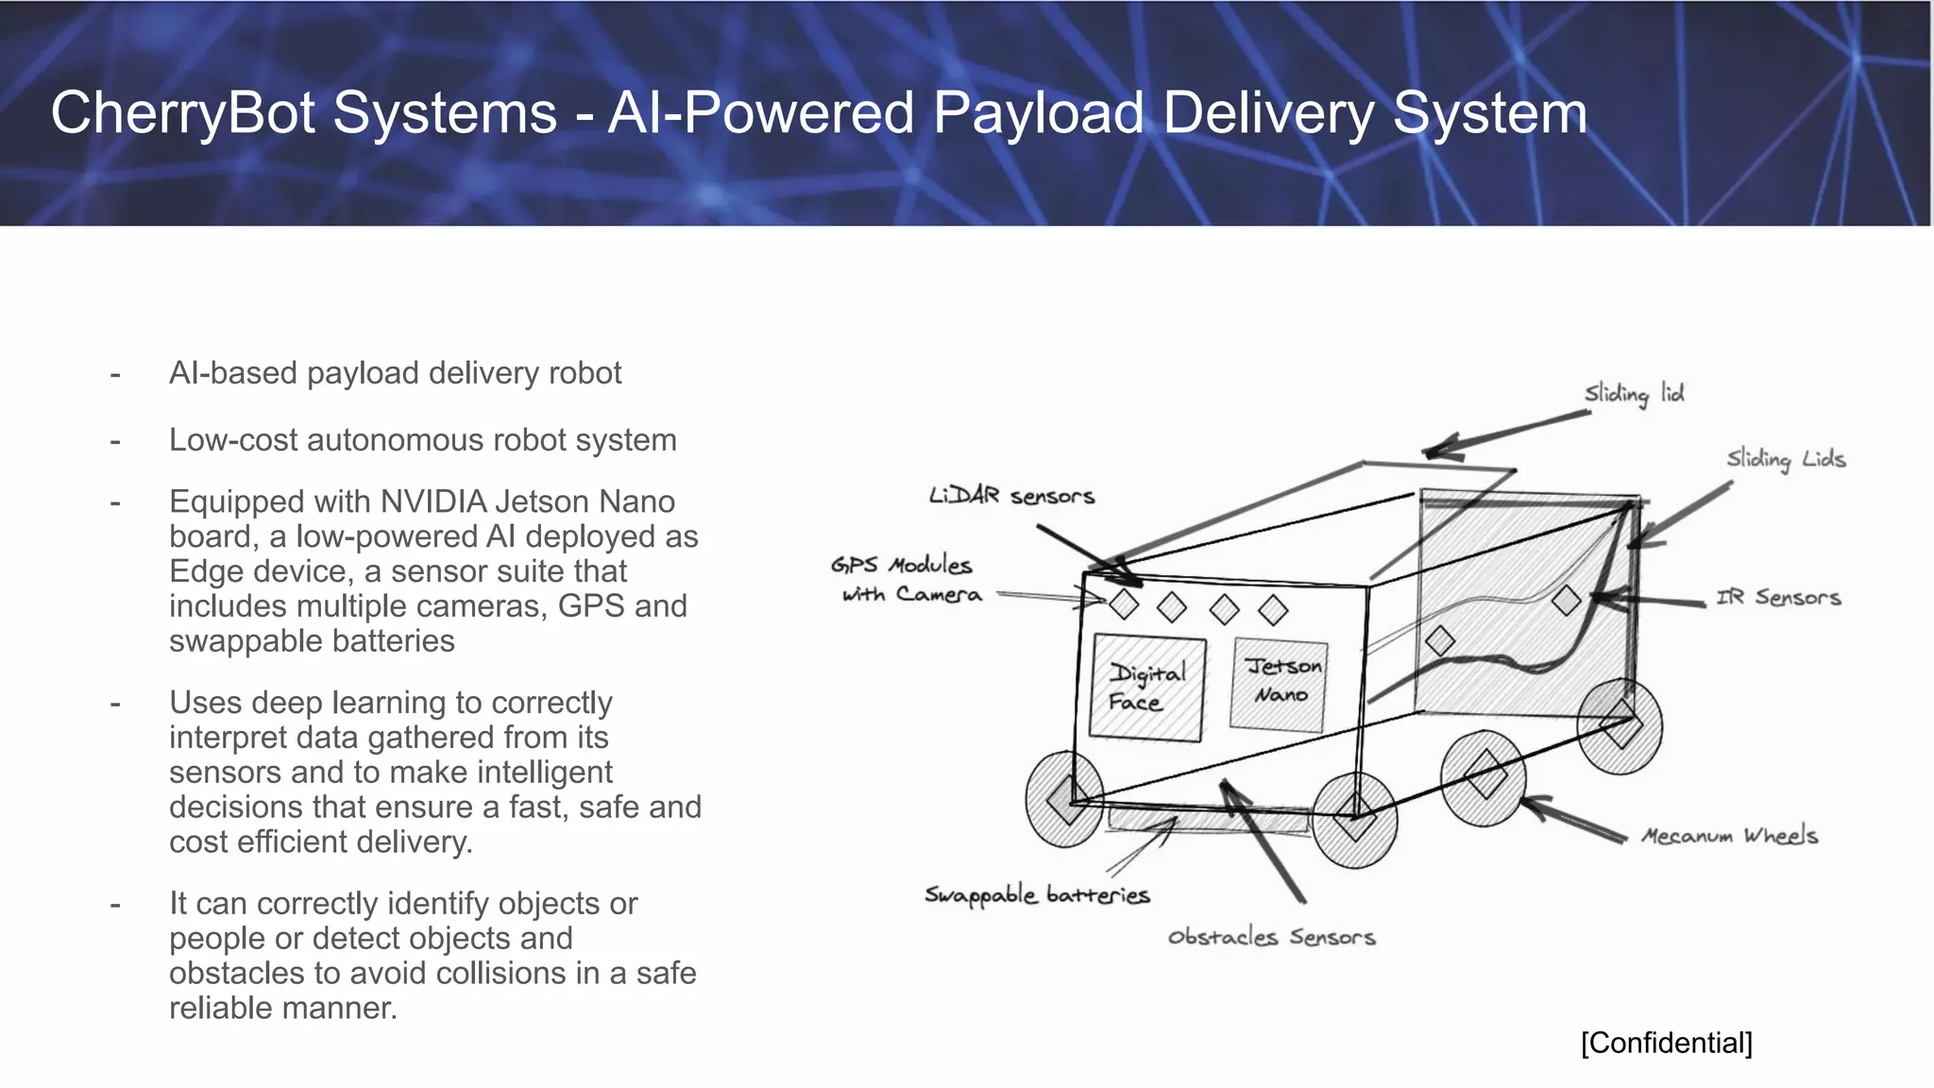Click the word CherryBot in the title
point(182,113)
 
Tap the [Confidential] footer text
point(1666,1043)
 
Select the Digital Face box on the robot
point(1146,688)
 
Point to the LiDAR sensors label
point(1011,496)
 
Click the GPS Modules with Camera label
point(905,579)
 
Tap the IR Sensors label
point(1778,597)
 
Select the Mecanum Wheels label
point(1729,836)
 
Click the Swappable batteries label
point(1036,894)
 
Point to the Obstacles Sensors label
point(1271,937)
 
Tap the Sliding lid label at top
point(1634,393)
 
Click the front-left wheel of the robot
point(1065,799)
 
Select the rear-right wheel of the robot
point(1620,725)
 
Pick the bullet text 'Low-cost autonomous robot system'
point(422,440)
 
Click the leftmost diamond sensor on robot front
point(1124,603)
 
